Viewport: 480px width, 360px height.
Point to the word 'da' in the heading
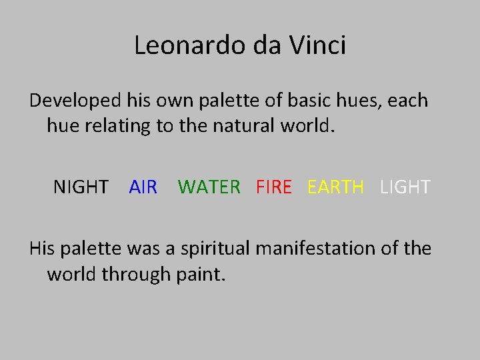(x=268, y=45)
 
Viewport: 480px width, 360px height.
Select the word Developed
(x=73, y=101)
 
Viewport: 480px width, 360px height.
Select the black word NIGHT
(x=81, y=187)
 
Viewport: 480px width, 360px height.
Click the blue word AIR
(x=143, y=187)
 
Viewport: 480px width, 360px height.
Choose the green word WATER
(x=209, y=187)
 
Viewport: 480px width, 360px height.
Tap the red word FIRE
(x=274, y=187)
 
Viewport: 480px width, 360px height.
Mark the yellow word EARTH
(x=336, y=187)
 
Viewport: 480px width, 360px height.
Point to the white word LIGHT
(x=405, y=187)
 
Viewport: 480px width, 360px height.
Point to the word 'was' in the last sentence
(x=127, y=249)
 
